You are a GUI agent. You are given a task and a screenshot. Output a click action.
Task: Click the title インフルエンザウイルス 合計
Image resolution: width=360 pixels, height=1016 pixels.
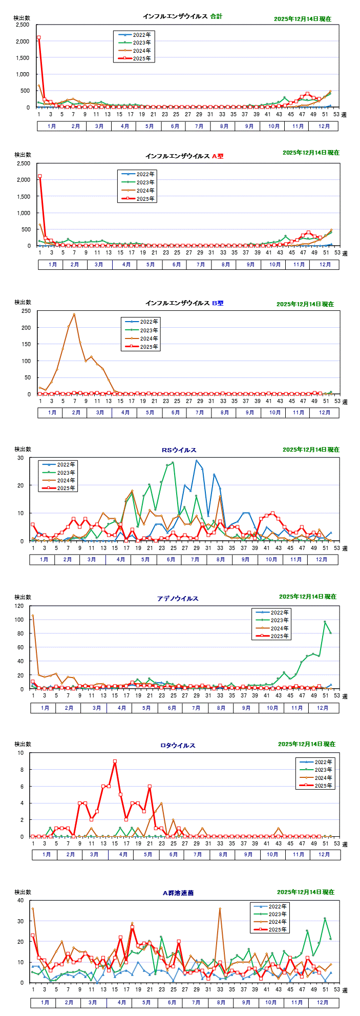182,16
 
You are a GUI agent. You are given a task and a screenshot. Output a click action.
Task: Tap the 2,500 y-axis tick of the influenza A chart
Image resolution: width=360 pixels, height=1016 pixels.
23,163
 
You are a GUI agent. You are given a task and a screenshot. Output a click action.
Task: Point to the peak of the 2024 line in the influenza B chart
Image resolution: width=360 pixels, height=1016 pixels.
74,314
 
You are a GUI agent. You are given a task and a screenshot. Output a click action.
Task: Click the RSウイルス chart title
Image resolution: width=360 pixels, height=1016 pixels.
179,450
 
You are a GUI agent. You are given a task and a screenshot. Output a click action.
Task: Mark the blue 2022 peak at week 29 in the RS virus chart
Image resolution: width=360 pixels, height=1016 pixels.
196,460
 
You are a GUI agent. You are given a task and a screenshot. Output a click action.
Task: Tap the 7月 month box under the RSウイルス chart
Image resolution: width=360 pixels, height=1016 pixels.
195,560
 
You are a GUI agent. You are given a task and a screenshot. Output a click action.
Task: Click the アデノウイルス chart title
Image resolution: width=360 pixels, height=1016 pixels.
178,598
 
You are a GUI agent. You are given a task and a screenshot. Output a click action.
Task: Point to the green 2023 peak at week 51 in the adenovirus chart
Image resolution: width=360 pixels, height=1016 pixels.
325,622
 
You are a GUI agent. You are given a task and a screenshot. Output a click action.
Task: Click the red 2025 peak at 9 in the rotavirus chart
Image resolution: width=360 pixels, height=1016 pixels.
115,761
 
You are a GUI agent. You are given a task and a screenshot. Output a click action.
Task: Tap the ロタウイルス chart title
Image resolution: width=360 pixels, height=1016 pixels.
178,745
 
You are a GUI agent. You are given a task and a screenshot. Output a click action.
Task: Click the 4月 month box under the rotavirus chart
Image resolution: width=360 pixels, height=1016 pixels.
123,854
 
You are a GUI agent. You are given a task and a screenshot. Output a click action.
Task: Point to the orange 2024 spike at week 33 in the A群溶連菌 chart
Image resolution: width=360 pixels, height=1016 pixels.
220,908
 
